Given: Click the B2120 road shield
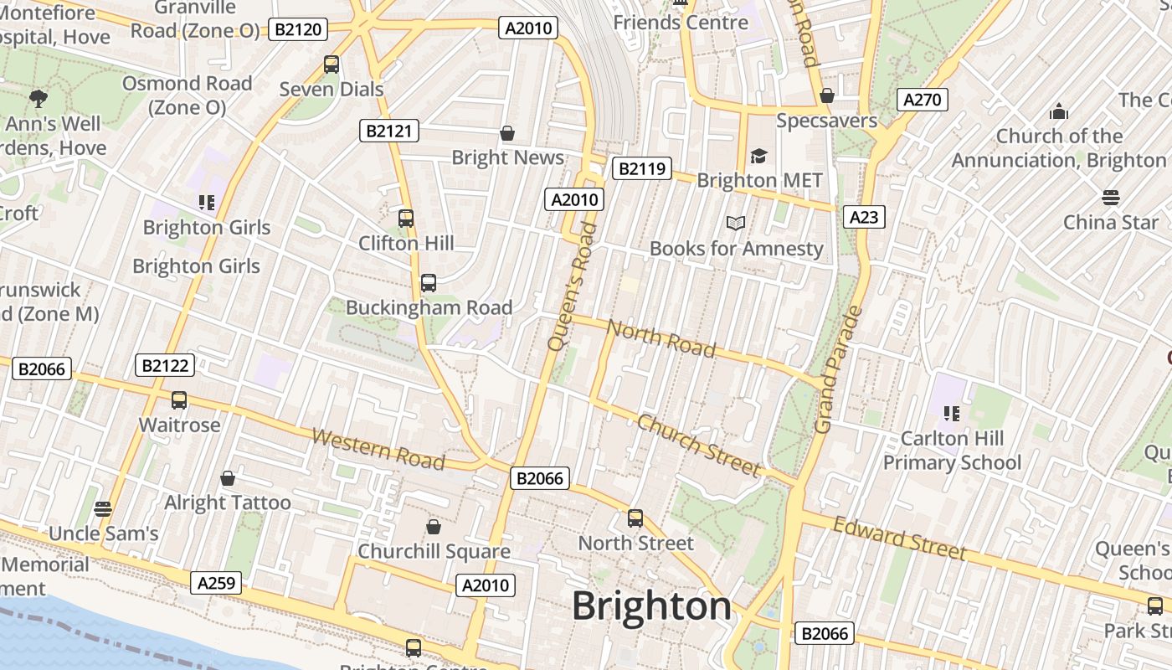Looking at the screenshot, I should click(x=298, y=30).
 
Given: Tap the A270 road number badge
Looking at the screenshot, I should click(x=923, y=100).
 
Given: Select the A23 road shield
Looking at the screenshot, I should click(x=863, y=217).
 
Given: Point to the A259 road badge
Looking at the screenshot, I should click(x=216, y=583).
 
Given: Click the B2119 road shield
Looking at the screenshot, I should click(x=642, y=169).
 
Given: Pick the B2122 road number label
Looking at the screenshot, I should click(x=165, y=365).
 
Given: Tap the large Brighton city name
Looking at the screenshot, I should click(x=651, y=606).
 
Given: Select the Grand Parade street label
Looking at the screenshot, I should click(x=838, y=370).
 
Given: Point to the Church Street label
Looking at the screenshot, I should click(x=698, y=445).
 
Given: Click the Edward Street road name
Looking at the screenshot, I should click(x=900, y=537).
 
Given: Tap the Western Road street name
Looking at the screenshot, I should click(x=378, y=449).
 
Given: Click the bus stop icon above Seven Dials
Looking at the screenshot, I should click(x=332, y=64).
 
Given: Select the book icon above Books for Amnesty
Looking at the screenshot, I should click(x=736, y=223).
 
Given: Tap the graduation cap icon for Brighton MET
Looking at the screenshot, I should click(x=758, y=155).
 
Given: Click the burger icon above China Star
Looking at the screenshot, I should click(x=1111, y=197).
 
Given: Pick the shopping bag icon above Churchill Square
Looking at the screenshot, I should click(x=434, y=526).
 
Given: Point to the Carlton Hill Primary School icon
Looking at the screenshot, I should click(x=951, y=413).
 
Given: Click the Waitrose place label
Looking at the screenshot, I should click(x=179, y=425).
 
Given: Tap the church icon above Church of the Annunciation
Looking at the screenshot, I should click(x=1059, y=111).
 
